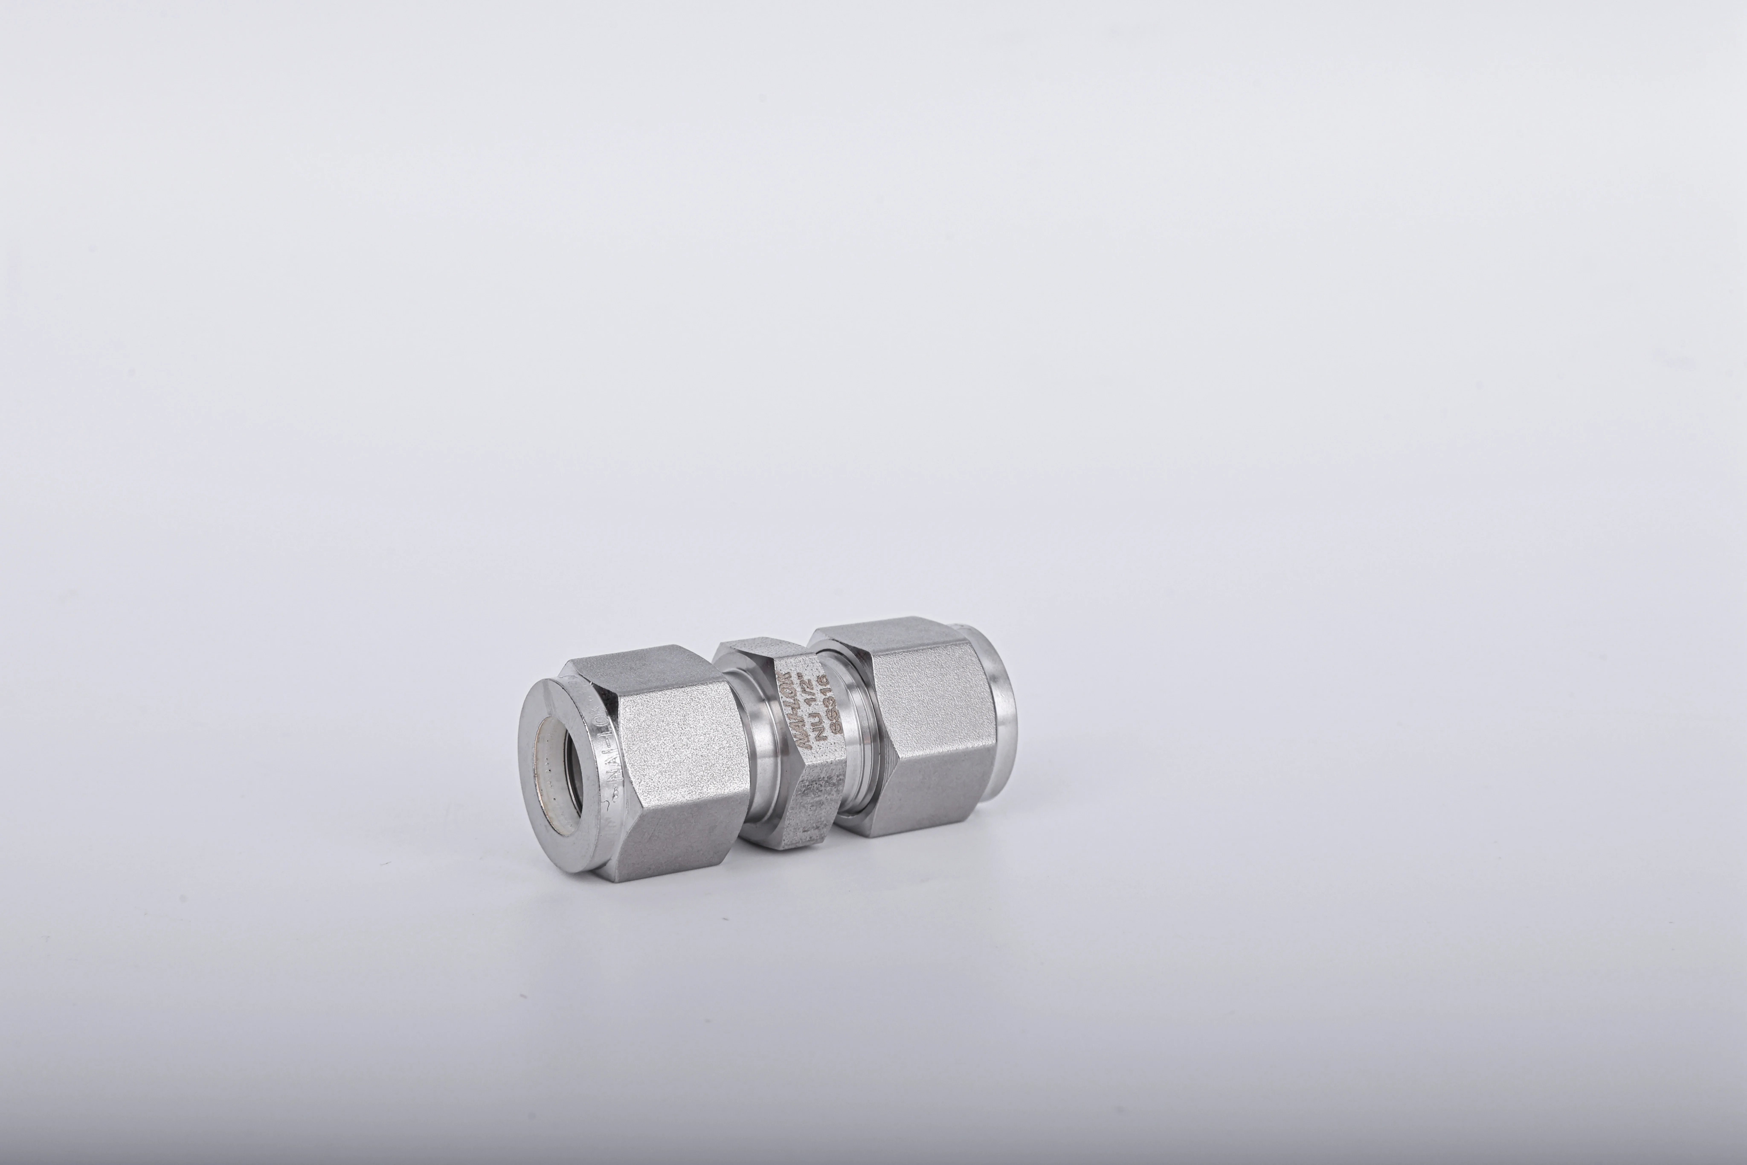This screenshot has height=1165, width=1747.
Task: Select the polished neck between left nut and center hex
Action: [x=762, y=773]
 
